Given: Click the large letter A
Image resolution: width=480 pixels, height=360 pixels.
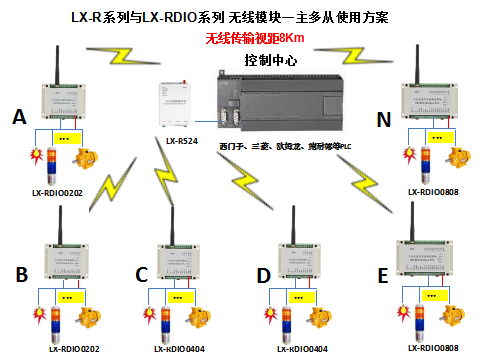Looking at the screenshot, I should tap(19, 119).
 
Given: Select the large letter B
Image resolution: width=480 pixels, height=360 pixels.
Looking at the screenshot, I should tap(19, 274).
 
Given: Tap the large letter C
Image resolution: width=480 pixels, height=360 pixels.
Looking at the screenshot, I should tap(141, 274).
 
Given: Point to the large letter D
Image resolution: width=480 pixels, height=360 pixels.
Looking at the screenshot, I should tap(262, 274).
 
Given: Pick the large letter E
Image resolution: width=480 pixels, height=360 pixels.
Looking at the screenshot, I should tap(381, 275).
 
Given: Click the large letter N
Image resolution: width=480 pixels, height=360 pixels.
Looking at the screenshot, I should tap(381, 119).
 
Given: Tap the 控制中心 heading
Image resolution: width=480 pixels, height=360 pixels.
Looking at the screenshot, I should tap(270, 60).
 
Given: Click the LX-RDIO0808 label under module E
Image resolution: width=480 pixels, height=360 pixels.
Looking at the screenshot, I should tap(433, 348).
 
